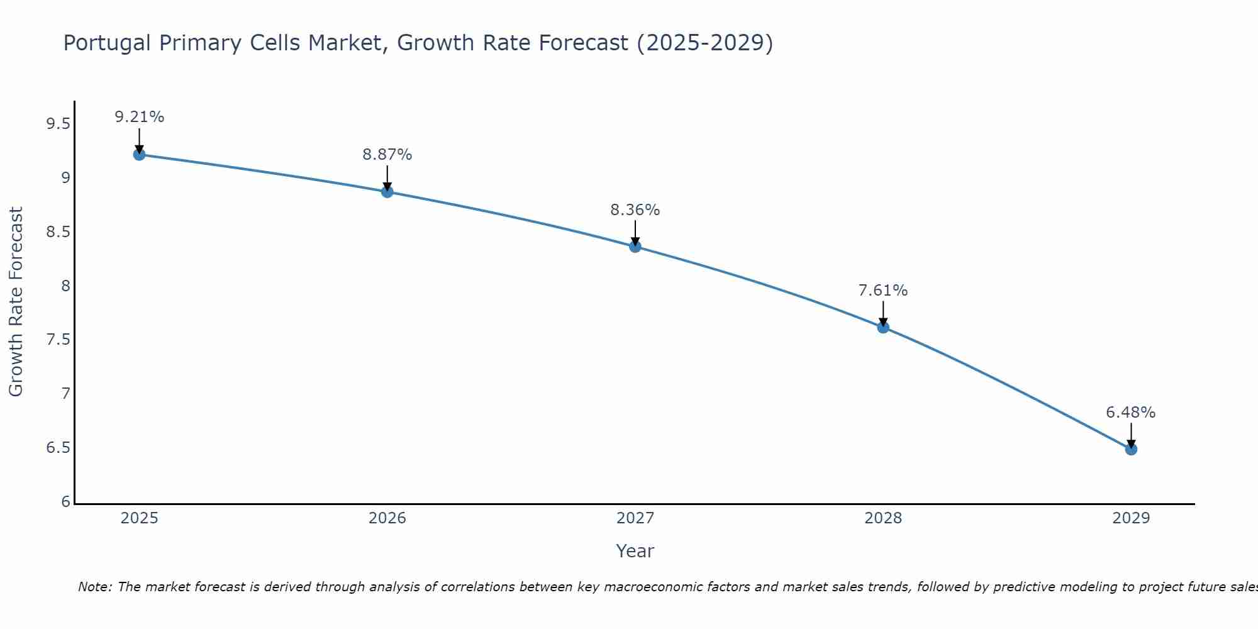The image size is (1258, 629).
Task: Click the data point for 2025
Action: pos(140,155)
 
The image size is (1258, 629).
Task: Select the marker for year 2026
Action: pos(387,192)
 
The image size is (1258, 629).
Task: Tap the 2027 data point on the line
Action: pos(635,247)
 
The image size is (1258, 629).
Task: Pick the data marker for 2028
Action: pos(883,327)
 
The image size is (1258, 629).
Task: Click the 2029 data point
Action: pos(1131,449)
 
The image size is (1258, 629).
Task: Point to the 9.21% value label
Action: pos(140,117)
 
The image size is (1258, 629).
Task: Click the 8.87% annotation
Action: pos(387,155)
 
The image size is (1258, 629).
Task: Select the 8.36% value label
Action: pos(635,210)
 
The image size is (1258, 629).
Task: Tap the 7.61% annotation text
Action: pos(883,291)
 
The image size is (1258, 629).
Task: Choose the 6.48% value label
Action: pos(1131,413)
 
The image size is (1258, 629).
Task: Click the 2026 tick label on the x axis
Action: pos(387,518)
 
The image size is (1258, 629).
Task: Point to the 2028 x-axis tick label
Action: pos(883,518)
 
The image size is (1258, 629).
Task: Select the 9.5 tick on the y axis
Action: pos(58,124)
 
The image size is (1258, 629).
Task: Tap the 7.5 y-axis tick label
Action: pos(58,340)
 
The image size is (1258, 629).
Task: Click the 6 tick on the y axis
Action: pos(66,502)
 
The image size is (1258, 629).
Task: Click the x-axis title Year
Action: pos(635,551)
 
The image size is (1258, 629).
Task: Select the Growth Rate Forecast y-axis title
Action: pos(16,302)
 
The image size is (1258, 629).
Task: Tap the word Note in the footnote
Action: pos(94,587)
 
